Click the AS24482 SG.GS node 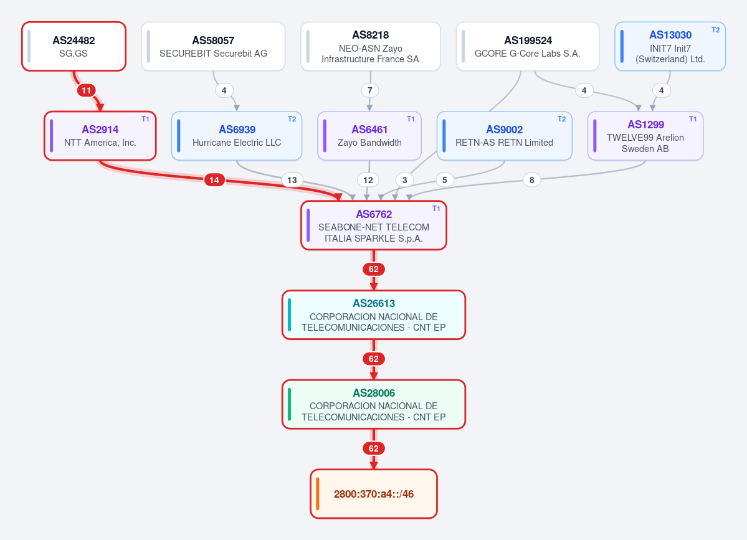(74, 46)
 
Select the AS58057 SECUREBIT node (213, 46)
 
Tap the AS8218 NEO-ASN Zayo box (370, 46)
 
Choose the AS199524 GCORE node (527, 46)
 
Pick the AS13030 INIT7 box (670, 46)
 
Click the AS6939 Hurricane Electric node (237, 136)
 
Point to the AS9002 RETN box (504, 136)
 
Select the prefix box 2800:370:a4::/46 (374, 494)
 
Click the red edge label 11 (86, 90)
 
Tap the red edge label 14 (214, 180)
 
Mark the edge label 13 (292, 180)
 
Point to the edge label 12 (368, 180)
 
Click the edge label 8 (531, 180)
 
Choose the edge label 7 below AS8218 (369, 90)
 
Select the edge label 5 (444, 180)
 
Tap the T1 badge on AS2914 (145, 119)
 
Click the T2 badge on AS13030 (715, 29)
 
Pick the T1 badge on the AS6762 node (436, 209)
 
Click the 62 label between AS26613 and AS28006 (374, 359)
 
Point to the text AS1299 (645, 125)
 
